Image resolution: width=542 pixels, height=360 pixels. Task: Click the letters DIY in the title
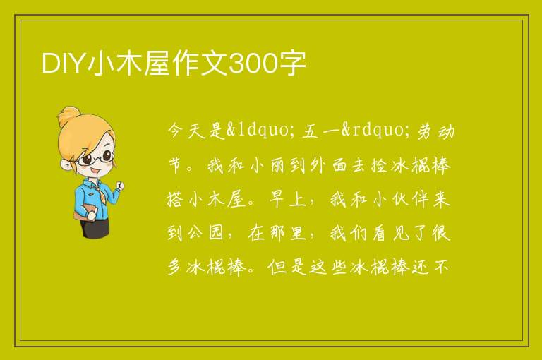click(x=64, y=64)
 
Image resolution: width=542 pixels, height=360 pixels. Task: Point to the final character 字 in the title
click(x=292, y=64)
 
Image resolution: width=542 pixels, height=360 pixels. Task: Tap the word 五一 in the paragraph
click(x=320, y=131)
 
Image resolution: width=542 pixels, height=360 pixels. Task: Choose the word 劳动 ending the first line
click(x=435, y=131)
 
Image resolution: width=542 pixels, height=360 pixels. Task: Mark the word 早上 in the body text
click(x=288, y=200)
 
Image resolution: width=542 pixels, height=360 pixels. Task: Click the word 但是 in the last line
click(x=287, y=268)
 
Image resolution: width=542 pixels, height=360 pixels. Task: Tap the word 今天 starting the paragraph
click(x=186, y=131)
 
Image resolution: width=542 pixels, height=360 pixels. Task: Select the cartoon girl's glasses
click(x=96, y=157)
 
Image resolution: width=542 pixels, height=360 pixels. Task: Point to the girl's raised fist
click(x=120, y=186)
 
